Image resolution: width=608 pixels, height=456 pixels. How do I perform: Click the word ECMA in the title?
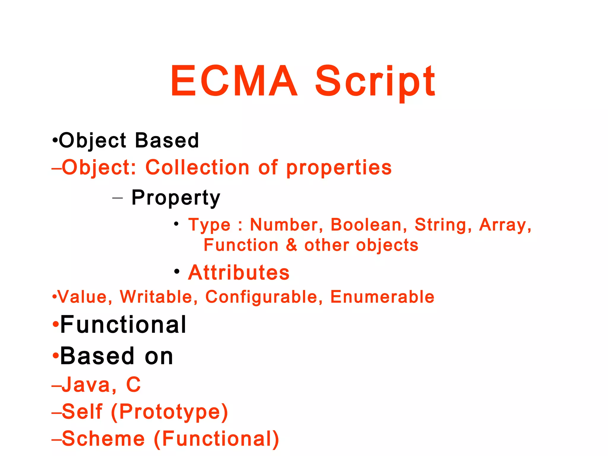[234, 81]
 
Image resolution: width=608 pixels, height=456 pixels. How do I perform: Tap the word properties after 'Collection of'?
[339, 168]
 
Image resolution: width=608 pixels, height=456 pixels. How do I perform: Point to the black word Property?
[176, 198]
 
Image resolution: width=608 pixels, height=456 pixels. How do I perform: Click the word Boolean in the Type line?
[366, 225]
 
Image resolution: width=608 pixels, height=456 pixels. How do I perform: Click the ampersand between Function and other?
[292, 245]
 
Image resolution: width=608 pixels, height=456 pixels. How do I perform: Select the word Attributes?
[239, 273]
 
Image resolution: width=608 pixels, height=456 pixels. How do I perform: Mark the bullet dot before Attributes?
[177, 271]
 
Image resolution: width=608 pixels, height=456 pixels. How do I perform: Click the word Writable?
[156, 297]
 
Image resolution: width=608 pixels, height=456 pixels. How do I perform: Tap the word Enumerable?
[382, 297]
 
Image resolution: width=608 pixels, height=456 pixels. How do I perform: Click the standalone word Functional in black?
[123, 325]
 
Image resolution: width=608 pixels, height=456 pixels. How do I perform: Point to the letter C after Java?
[133, 385]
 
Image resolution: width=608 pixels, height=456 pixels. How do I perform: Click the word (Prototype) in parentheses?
[170, 412]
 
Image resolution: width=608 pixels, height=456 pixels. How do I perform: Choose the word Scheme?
[103, 439]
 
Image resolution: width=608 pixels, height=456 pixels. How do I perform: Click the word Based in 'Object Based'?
[167, 140]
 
